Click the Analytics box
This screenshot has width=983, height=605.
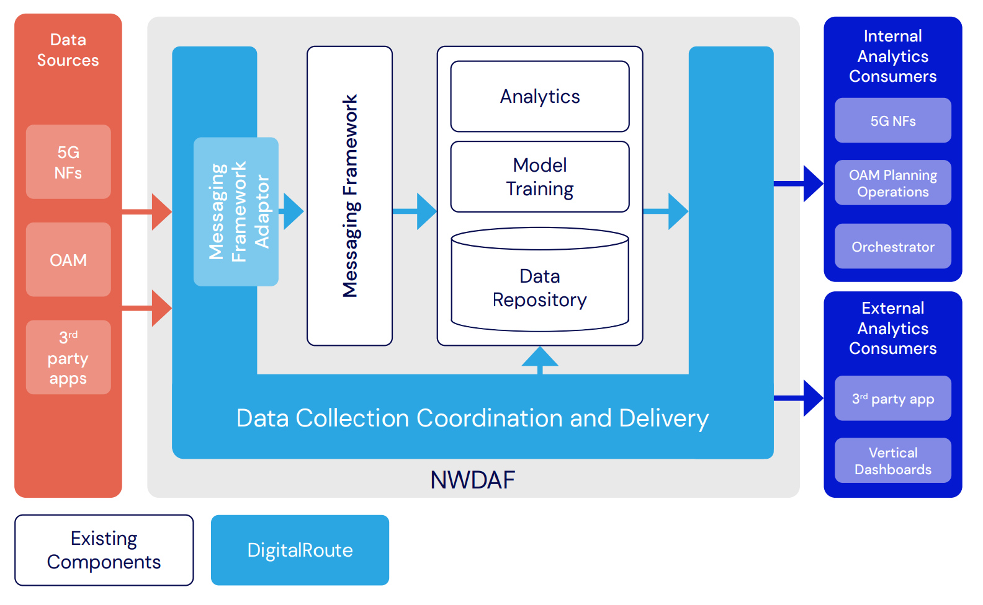coord(540,97)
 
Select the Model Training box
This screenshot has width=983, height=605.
coord(540,177)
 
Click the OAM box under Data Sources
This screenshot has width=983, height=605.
coord(68,260)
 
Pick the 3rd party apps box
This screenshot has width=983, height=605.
coord(68,357)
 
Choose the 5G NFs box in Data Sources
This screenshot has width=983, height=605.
coord(68,162)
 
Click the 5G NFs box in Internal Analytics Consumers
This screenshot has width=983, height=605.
coord(892,121)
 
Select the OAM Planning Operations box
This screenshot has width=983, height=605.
coord(892,183)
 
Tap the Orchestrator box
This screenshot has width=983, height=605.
coord(892,247)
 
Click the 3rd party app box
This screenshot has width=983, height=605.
coord(892,399)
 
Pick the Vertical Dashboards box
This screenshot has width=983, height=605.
coord(892,461)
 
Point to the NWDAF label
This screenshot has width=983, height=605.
coord(473,480)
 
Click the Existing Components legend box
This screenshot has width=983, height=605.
coord(104,550)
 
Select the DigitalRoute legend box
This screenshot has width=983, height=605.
coord(300,550)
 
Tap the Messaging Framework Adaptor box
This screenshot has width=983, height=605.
coord(236,211)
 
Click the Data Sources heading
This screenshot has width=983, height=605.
coord(68,50)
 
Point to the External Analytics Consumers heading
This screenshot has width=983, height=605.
coord(892,328)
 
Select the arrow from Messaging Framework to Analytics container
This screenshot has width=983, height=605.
coord(416,211)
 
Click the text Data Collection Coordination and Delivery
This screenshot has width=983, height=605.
coord(472,418)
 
